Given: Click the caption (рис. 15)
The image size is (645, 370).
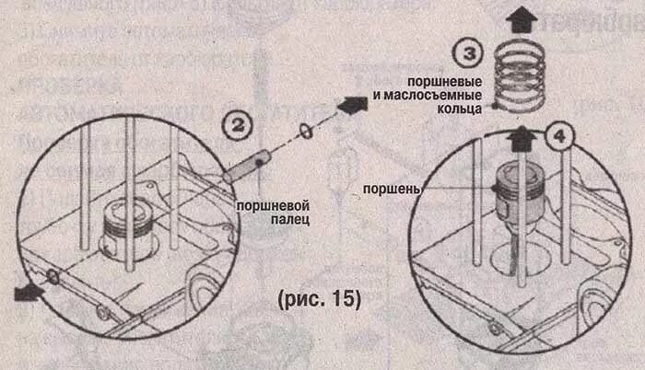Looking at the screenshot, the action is pos(318,300).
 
